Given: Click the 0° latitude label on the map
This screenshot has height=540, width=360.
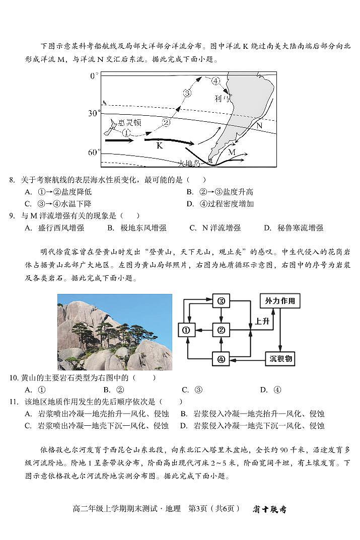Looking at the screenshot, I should click(x=94, y=76).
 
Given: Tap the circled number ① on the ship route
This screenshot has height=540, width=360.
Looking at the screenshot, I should click(x=126, y=132).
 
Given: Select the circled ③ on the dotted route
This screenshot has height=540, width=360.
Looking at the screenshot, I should click(x=187, y=93).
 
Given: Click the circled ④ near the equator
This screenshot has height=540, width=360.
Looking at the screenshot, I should click(x=215, y=81).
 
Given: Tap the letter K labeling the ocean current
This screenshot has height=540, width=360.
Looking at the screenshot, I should click(x=160, y=145).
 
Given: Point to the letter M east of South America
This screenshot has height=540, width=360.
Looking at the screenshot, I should click(x=232, y=151).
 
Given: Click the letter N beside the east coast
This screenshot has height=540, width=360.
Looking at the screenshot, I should click(x=259, y=125).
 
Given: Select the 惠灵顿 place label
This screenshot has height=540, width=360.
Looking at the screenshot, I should click(x=129, y=122).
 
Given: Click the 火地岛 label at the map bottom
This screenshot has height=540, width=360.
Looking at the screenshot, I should click(x=190, y=163).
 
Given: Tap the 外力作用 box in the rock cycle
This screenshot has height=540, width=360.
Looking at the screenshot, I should click(x=280, y=301).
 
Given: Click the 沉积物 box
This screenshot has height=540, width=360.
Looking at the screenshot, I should click(x=279, y=359).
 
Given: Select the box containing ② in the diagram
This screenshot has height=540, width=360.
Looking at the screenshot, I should click(x=221, y=330).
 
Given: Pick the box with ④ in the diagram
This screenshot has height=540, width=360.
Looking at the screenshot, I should click(x=221, y=359).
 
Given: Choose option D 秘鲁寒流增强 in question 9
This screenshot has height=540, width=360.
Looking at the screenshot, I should click(x=294, y=228).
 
